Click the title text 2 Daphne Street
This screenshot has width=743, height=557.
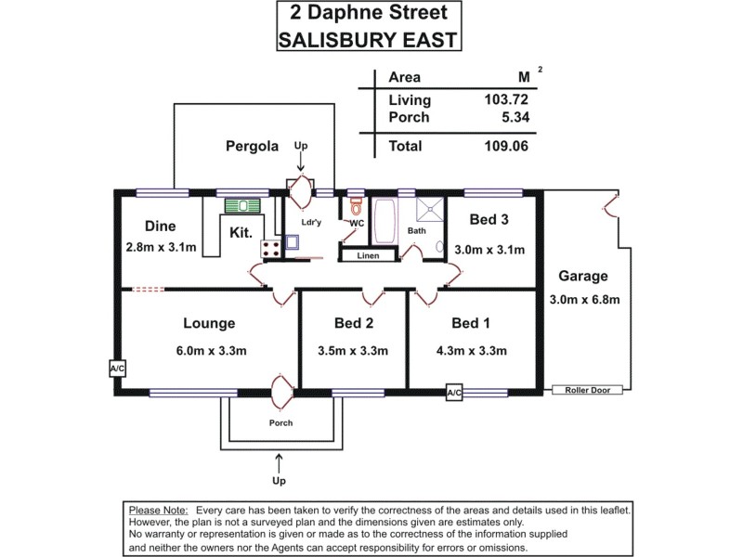[371, 14]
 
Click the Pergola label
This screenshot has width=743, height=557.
[252, 146]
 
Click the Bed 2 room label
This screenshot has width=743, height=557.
[353, 323]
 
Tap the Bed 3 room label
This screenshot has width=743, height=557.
[489, 220]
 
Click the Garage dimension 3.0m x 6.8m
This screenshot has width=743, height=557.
[584, 299]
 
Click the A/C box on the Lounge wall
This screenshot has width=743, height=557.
[118, 368]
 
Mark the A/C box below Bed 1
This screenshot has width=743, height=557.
[454, 394]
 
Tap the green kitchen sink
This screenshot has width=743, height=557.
[246, 206]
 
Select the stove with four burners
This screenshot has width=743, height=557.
[272, 248]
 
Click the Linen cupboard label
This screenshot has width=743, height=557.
[368, 255]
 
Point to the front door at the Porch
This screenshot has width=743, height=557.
[280, 392]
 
